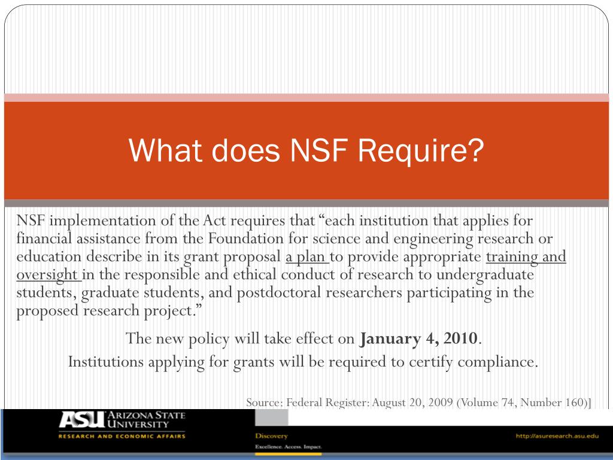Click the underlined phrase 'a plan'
click(305, 257)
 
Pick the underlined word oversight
click(47, 275)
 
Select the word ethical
click(255, 275)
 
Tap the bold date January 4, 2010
click(419, 338)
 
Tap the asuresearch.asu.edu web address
click(557, 435)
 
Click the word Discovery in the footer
click(271, 435)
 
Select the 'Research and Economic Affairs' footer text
click(122, 436)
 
